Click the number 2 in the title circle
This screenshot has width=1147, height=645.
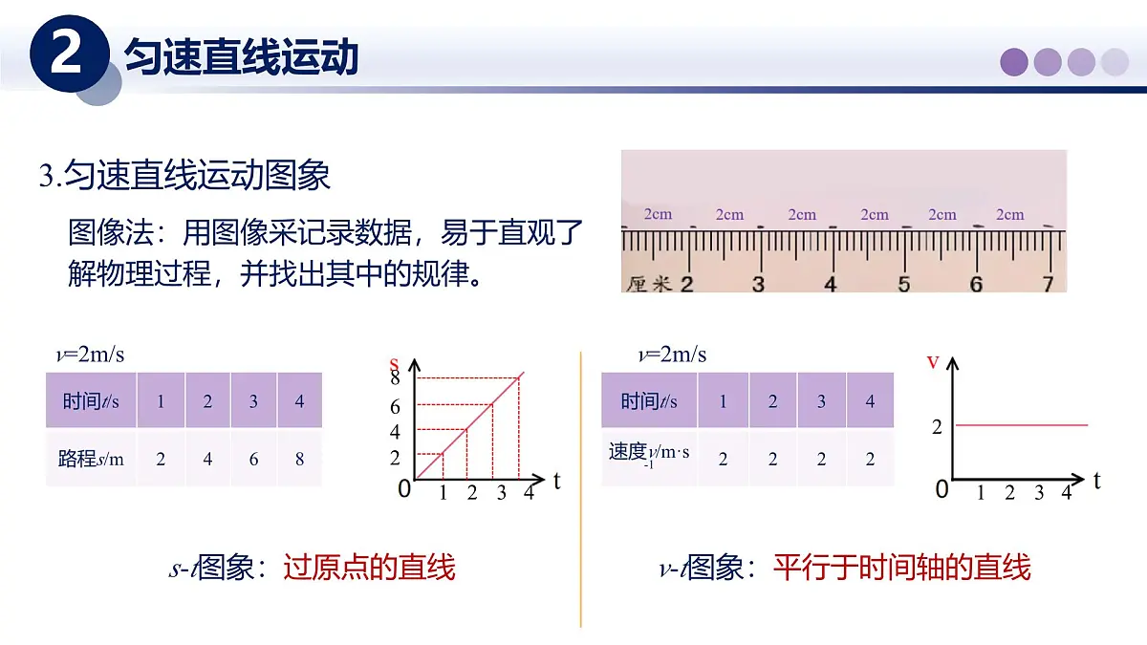click(65, 55)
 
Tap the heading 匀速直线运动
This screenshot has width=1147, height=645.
click(242, 58)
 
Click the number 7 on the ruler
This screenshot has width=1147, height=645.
click(1048, 283)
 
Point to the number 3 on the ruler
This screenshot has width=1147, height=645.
click(758, 283)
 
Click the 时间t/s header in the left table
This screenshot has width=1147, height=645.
click(91, 400)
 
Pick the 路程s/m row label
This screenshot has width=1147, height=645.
click(91, 459)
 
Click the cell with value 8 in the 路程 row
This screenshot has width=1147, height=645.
click(299, 459)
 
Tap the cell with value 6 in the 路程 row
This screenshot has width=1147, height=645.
click(253, 459)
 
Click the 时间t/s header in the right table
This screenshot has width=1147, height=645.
click(648, 401)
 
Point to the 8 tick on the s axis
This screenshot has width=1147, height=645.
click(395, 379)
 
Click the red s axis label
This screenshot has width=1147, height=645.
click(394, 364)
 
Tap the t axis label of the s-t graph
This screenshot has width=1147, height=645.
click(557, 481)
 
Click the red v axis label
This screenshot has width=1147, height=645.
click(934, 361)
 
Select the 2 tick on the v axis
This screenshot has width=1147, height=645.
click(937, 427)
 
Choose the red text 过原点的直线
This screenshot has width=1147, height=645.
click(369, 568)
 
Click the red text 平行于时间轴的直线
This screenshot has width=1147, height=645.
click(901, 568)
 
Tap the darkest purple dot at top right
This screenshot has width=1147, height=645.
click(1014, 62)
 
